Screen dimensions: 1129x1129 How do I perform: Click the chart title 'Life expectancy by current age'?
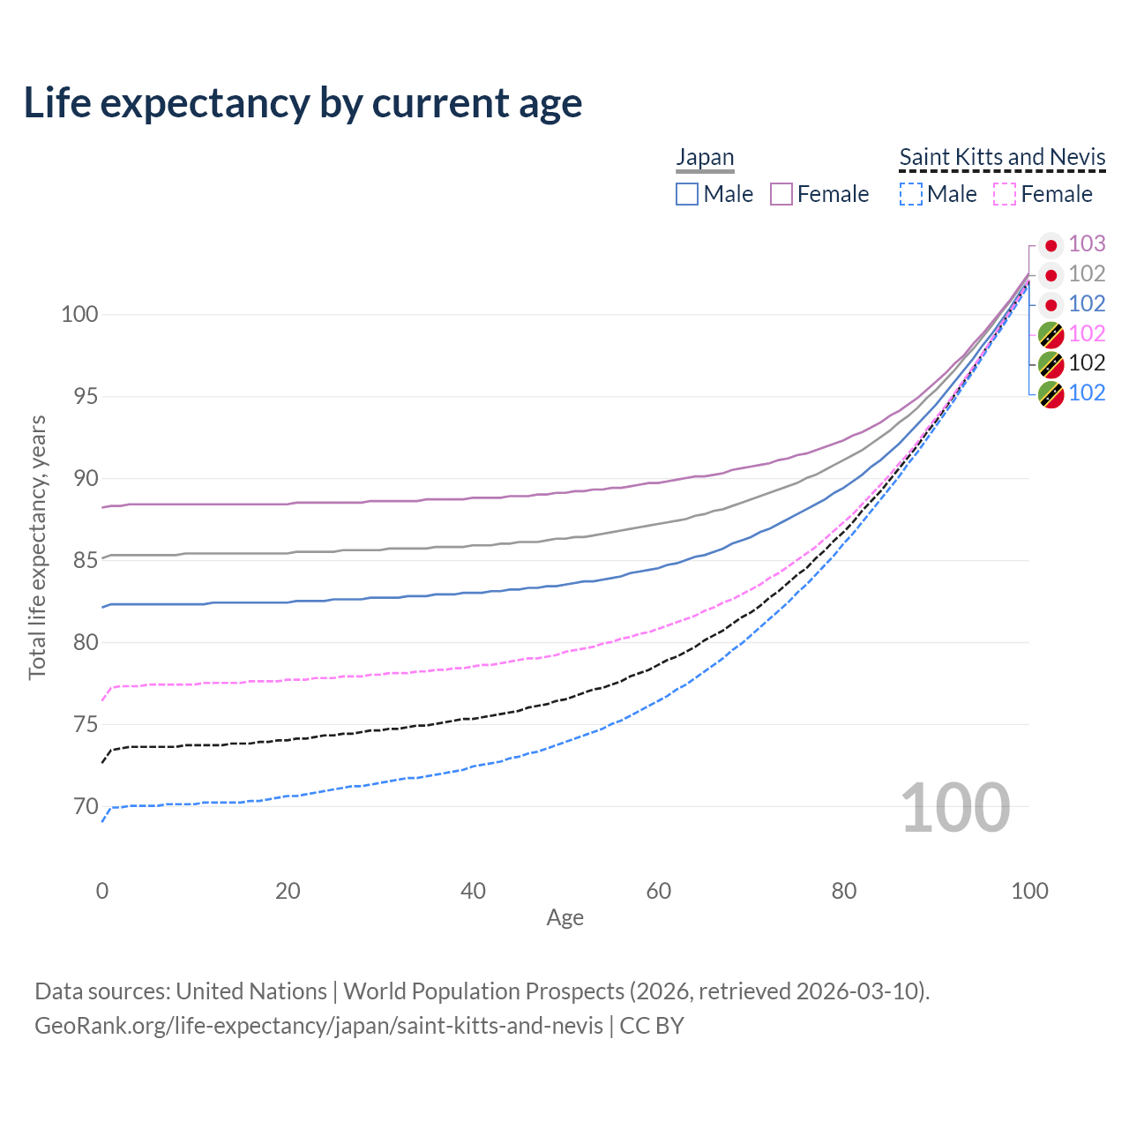point(303,103)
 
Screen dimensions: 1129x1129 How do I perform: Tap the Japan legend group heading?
point(705,157)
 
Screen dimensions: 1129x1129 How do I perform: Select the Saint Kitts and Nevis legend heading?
point(1002,157)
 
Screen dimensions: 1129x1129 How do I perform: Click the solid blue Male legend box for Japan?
point(687,194)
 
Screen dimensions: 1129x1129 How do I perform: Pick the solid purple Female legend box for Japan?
point(781,194)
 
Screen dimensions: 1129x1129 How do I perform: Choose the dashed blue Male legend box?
point(911,194)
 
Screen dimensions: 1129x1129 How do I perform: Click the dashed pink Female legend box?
point(1006,194)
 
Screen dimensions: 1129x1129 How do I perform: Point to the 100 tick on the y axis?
point(79,314)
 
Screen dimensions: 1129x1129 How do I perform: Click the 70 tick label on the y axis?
point(86,806)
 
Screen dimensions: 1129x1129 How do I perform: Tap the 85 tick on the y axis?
point(86,560)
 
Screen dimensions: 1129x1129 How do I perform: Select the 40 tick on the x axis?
point(474,891)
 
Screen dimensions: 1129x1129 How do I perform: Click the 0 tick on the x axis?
point(102,891)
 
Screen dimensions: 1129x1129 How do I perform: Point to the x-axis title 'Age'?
point(565,918)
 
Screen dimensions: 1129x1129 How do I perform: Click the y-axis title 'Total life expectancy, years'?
point(37,548)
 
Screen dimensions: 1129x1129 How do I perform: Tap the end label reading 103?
point(1087,243)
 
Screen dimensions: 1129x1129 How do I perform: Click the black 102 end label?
point(1087,363)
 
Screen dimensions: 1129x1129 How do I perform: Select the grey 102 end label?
point(1087,273)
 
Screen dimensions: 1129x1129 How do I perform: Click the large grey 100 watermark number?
point(955,807)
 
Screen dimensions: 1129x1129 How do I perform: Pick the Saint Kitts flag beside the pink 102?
point(1050,334)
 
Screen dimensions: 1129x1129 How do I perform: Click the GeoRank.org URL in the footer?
point(318,1026)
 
